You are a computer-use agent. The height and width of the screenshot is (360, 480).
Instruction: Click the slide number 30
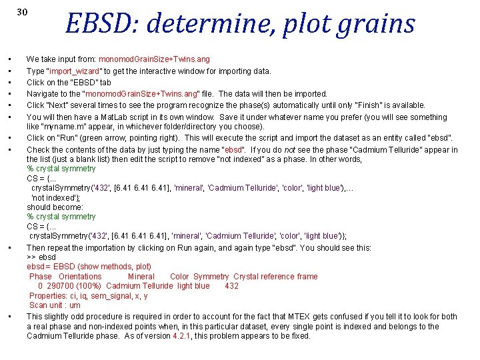pyautogui.click(x=22, y=12)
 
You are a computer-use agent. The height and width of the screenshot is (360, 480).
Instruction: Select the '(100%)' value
pyautogui.click(x=90, y=286)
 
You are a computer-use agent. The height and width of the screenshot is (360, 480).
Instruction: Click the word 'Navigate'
pyautogui.click(x=42, y=94)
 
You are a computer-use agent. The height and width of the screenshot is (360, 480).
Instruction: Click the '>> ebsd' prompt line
pyautogui.click(x=41, y=257)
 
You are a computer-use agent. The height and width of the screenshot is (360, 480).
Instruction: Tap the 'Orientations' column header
pyautogui.click(x=80, y=277)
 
